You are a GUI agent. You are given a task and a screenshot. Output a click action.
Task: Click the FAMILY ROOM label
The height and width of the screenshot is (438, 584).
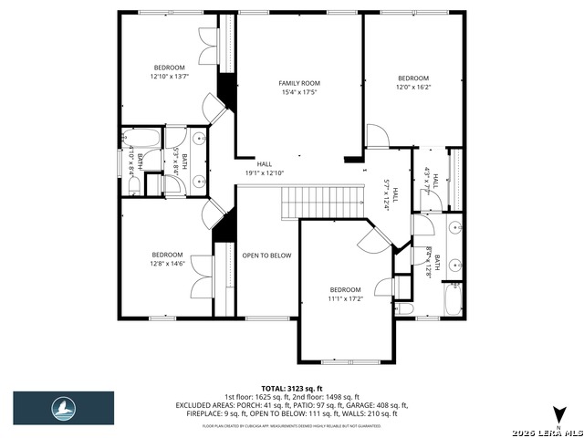(299, 83)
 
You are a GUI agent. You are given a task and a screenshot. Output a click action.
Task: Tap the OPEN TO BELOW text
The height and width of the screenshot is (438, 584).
(266, 255)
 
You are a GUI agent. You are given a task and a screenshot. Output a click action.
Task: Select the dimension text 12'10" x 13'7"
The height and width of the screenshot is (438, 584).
(169, 77)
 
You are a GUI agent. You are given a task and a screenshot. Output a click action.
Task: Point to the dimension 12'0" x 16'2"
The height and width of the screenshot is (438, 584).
(412, 88)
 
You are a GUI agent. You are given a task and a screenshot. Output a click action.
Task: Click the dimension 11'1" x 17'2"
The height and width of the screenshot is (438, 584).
(345, 298)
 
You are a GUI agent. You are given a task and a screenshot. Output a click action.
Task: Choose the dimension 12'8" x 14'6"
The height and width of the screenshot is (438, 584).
(168, 264)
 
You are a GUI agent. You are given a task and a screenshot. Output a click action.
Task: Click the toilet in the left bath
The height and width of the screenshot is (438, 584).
(134, 185)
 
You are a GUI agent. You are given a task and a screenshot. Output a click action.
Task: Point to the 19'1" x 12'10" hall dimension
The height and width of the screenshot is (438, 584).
(265, 172)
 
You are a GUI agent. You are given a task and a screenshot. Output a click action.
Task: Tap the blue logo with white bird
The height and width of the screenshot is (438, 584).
(63, 408)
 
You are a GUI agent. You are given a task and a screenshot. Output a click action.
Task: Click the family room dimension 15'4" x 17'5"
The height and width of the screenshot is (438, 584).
(299, 92)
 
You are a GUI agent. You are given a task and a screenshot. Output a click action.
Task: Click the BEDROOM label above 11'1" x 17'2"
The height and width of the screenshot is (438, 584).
(345, 289)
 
